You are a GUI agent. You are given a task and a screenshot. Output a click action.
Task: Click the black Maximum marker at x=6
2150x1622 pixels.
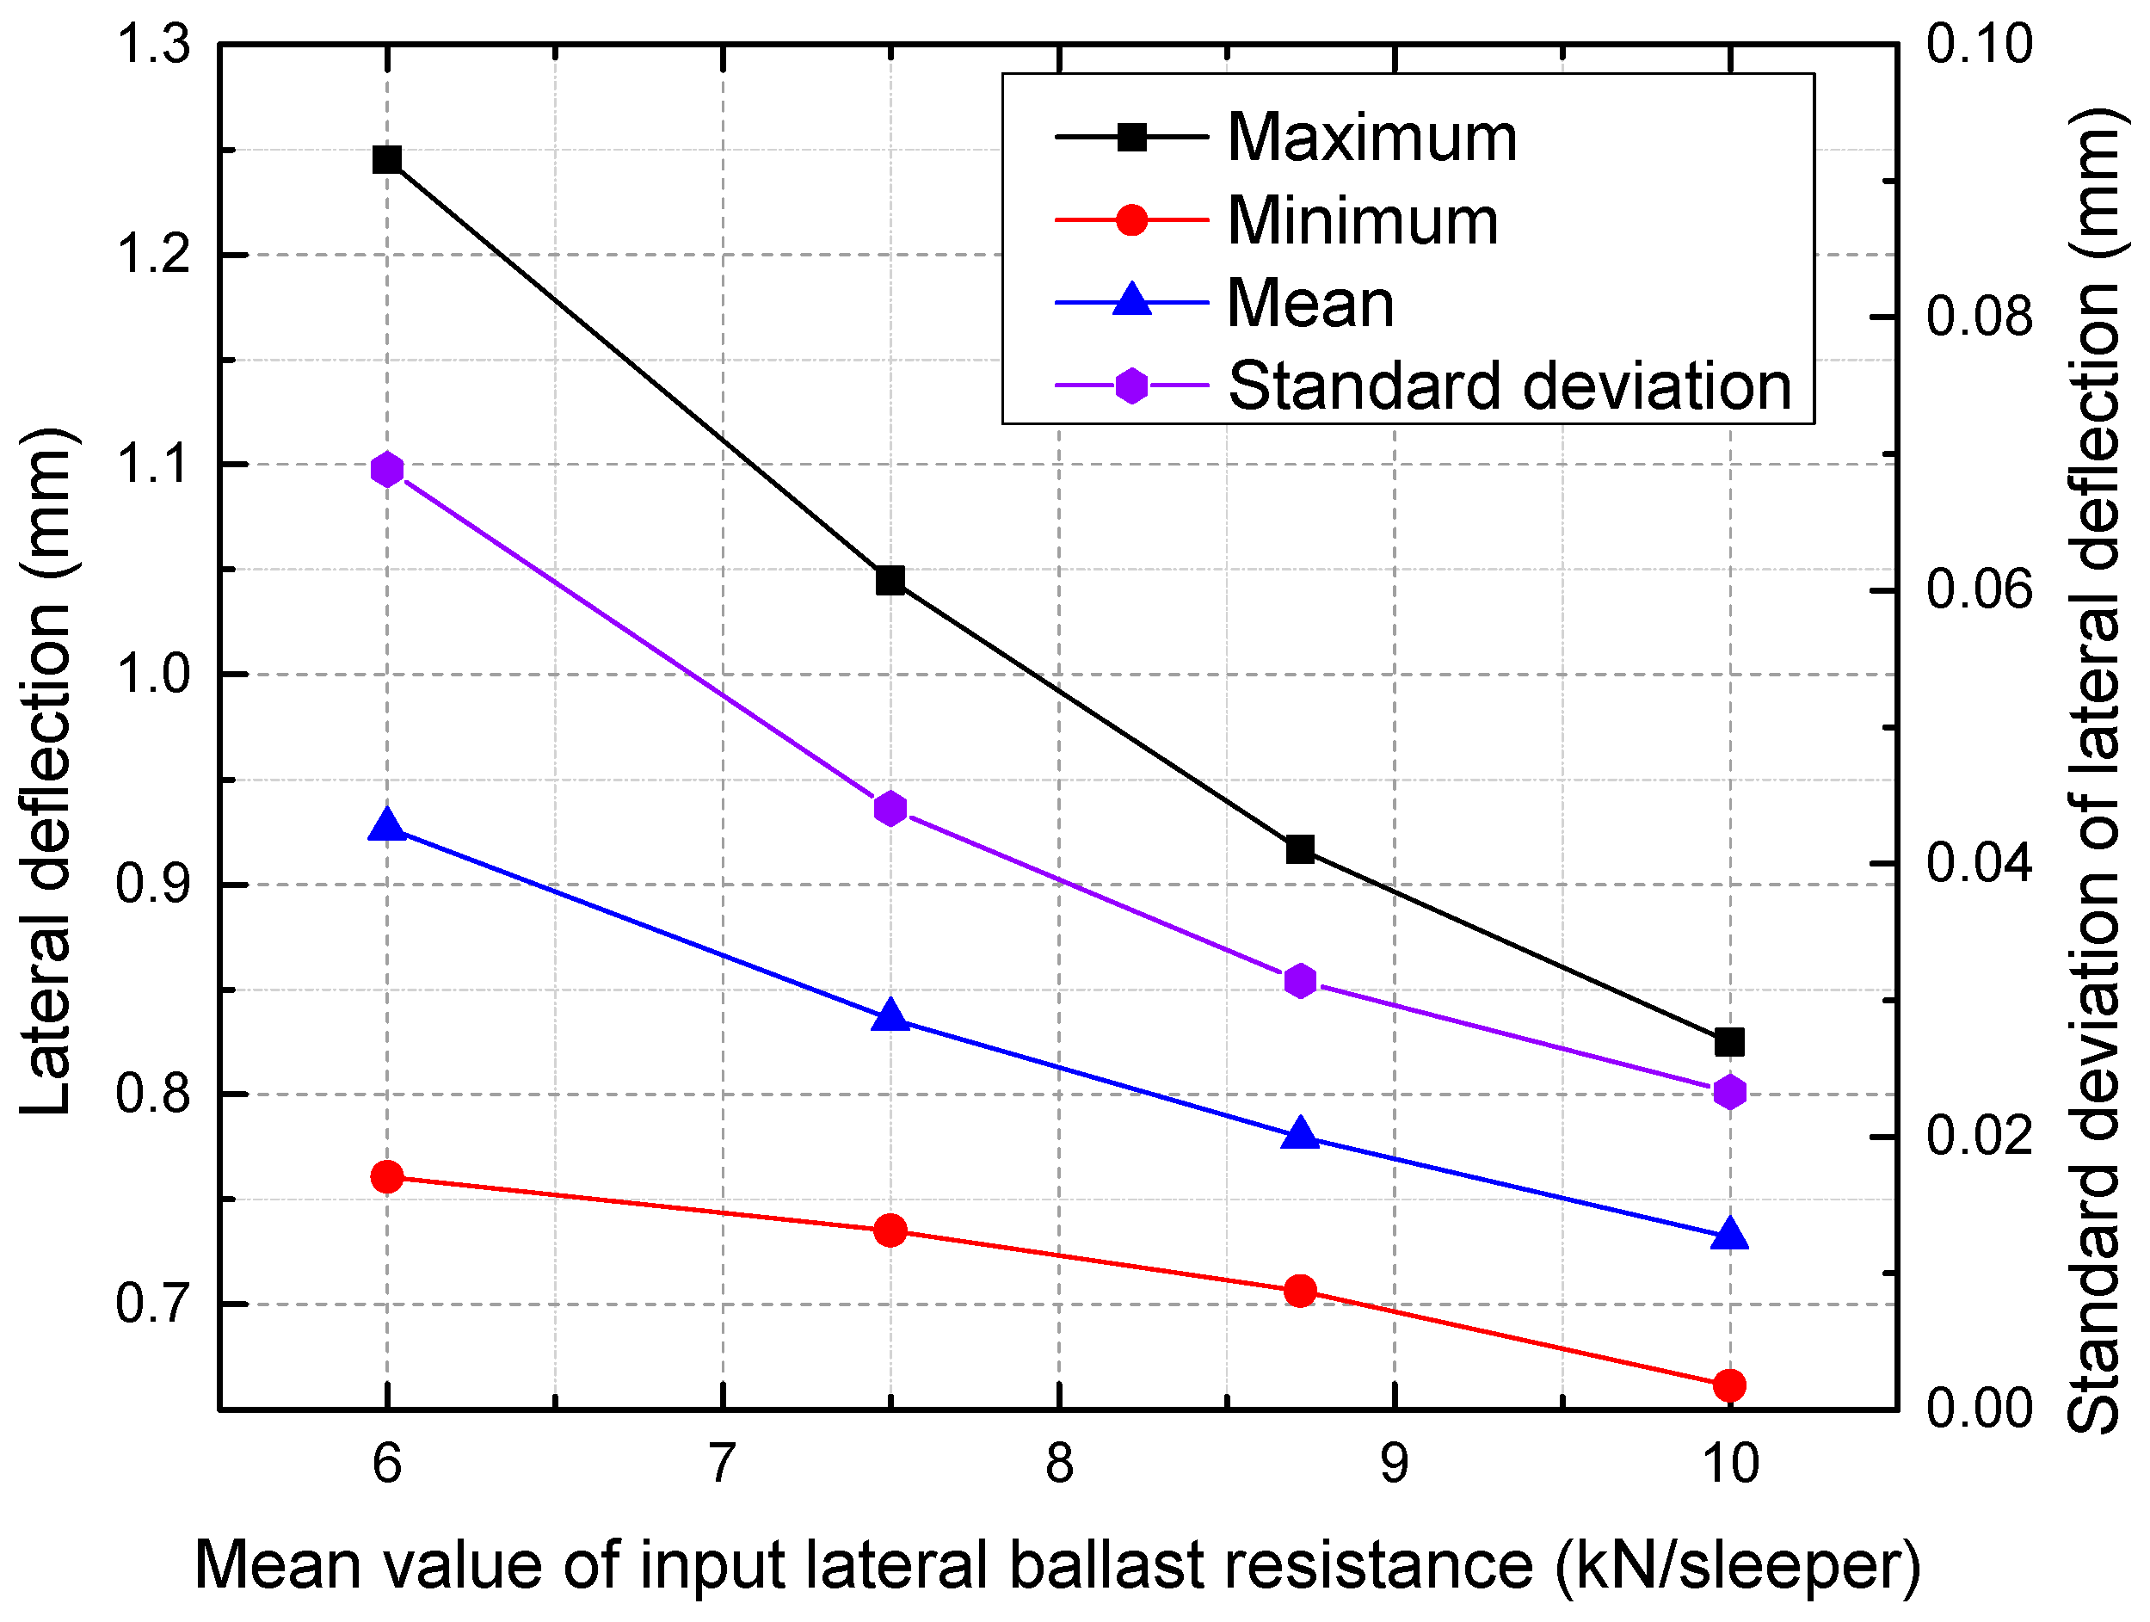click(387, 159)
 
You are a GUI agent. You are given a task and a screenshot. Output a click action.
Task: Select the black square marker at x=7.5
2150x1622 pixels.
click(890, 580)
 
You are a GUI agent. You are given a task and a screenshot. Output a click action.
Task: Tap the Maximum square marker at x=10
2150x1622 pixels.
click(1729, 1042)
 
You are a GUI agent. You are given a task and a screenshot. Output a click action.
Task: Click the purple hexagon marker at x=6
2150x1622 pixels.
click(387, 471)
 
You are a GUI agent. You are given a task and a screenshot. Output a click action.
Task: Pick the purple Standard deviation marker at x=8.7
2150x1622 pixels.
click(1299, 982)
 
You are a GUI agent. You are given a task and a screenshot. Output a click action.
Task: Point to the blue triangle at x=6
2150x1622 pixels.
click(387, 826)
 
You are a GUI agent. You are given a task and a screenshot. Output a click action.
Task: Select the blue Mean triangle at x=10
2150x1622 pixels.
click(1729, 1235)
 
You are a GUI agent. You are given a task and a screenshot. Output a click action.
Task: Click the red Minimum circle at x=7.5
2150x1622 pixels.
click(890, 1231)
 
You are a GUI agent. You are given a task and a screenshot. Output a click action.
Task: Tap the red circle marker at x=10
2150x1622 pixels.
click(1729, 1385)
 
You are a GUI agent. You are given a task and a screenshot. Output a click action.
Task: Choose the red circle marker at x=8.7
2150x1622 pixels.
click(1299, 1291)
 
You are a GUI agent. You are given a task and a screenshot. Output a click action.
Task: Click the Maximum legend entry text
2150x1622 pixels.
click(1371, 138)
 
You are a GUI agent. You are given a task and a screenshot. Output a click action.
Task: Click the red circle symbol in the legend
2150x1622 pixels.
click(1131, 219)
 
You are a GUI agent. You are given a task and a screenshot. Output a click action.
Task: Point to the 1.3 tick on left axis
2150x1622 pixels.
click(153, 45)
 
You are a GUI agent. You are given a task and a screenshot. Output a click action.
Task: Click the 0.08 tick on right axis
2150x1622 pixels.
click(1979, 317)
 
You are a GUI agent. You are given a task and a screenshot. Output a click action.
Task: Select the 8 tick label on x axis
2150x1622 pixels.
click(1058, 1464)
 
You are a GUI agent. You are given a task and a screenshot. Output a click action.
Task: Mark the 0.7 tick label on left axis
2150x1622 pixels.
click(153, 1304)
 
